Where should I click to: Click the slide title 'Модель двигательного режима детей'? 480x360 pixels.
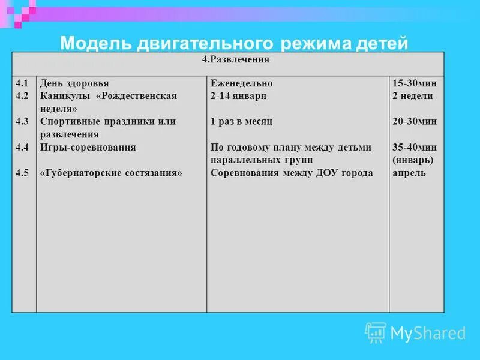[x=235, y=43]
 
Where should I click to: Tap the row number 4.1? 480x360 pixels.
[x=22, y=83]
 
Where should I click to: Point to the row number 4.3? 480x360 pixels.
[x=22, y=121]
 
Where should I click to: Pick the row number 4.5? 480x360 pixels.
[x=22, y=173]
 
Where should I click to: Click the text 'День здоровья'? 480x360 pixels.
[x=74, y=83]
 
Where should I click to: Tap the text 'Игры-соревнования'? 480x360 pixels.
[x=88, y=147]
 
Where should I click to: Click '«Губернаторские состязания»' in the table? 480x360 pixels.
[x=110, y=173]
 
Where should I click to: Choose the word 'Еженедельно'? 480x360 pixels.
[x=241, y=83]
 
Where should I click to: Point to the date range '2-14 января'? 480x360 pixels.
[x=238, y=96]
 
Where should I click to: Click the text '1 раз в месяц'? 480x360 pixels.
[x=241, y=121]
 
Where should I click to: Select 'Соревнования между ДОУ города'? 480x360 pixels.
[x=292, y=173]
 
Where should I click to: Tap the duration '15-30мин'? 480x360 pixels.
[x=414, y=83]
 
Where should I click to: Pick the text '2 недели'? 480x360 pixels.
[x=412, y=96]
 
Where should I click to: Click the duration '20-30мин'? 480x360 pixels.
[x=414, y=121]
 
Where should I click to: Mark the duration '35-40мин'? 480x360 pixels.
[x=414, y=147]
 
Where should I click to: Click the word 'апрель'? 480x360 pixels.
[x=409, y=173]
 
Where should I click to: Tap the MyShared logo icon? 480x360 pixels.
[x=376, y=332]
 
